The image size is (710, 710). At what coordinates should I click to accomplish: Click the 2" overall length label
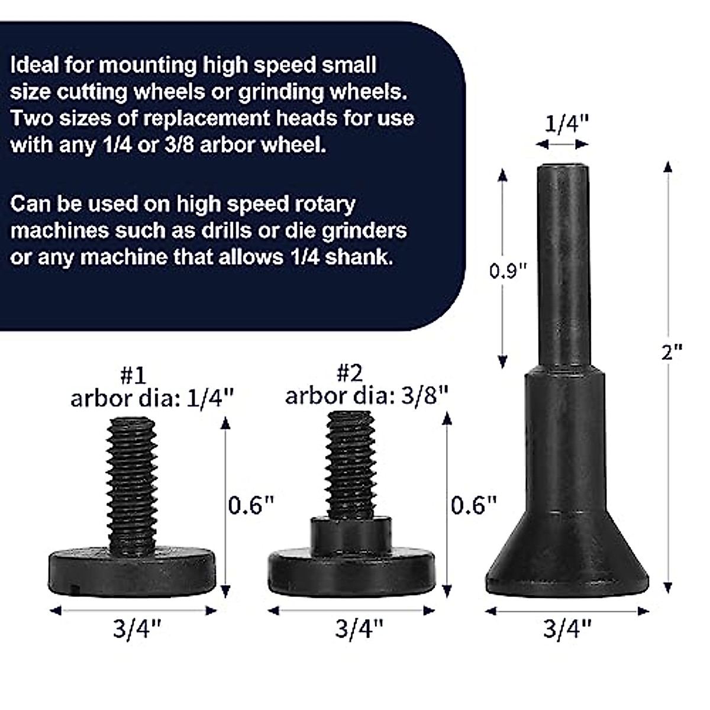tap(672, 353)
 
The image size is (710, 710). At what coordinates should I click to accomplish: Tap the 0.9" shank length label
tap(508, 271)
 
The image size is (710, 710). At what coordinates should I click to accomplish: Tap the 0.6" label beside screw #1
tap(251, 505)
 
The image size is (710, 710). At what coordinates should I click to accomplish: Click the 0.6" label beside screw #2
tap(473, 505)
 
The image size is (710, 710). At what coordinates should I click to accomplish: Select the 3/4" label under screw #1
tap(137, 629)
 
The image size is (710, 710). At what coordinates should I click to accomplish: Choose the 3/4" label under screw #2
tap(359, 629)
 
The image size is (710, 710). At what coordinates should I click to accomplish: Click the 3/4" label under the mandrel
tap(567, 629)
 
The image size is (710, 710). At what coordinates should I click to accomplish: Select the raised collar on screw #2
tap(351, 532)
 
